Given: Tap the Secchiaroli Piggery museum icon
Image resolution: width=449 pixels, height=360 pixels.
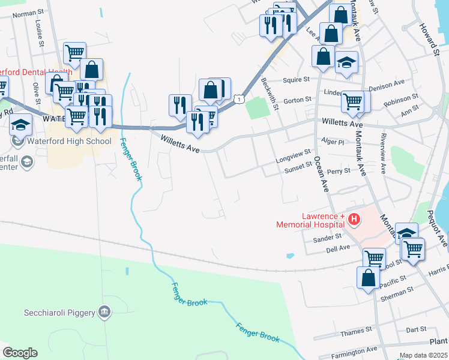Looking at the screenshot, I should pyautogui.click(x=105, y=311).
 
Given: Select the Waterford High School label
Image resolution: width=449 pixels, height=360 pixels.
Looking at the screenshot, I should pyautogui.click(x=70, y=142).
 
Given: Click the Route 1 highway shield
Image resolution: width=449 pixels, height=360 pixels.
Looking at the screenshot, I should pyautogui.click(x=239, y=98).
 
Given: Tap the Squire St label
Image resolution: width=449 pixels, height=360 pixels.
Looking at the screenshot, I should pyautogui.click(x=297, y=79).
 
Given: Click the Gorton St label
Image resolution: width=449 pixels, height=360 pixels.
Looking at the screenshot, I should pyautogui.click(x=297, y=100).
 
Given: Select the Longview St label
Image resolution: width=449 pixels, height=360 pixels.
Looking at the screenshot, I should pyautogui.click(x=293, y=153).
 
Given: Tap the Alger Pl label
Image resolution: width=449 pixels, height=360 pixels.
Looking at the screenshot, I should pyautogui.click(x=333, y=142).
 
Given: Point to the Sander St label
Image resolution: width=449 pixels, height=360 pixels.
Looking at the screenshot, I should pyautogui.click(x=327, y=238).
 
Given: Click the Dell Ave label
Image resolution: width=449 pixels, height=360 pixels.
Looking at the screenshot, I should pyautogui.click(x=337, y=248).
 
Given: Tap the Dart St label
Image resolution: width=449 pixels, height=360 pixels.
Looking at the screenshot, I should pyautogui.click(x=415, y=329).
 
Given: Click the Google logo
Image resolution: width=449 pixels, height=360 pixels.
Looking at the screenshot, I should pyautogui.click(x=20, y=352).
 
